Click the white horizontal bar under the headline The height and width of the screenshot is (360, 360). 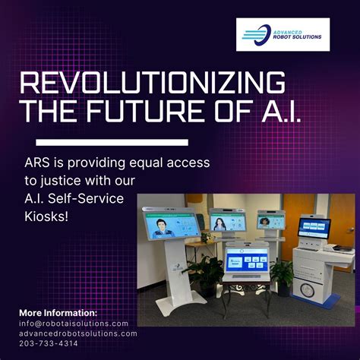tap(112, 142)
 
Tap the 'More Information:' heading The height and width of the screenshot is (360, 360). tap(58, 312)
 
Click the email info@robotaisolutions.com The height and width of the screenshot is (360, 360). tap(74, 323)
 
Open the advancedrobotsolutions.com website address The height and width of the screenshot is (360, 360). tap(78, 333)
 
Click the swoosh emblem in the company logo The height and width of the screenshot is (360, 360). tap(255, 33)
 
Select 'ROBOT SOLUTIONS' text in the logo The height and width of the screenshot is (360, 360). tap(299, 37)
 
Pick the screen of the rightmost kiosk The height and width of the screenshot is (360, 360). tap(314, 226)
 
